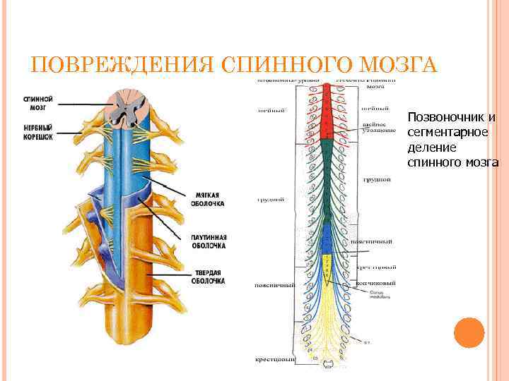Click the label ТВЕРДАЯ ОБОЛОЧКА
pos(208,277)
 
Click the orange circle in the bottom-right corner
pos(469,332)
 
